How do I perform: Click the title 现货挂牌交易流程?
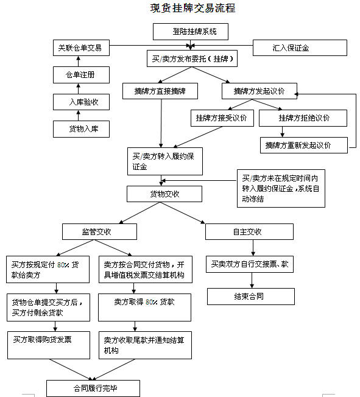coord(192,9)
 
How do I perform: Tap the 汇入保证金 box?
coord(300,47)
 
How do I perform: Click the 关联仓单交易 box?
coord(80,47)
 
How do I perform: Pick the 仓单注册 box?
coord(80,75)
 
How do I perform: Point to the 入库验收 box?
coord(80,102)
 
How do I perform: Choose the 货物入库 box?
coord(80,129)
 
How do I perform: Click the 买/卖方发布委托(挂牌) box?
coord(191,60)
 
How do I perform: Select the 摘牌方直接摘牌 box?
coord(161,91)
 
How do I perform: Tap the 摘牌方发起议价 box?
coord(258,91)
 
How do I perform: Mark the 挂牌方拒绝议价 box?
coord(303,118)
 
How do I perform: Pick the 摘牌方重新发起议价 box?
coord(303,145)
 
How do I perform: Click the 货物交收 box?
coord(164,194)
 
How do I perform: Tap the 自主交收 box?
coord(249,231)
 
